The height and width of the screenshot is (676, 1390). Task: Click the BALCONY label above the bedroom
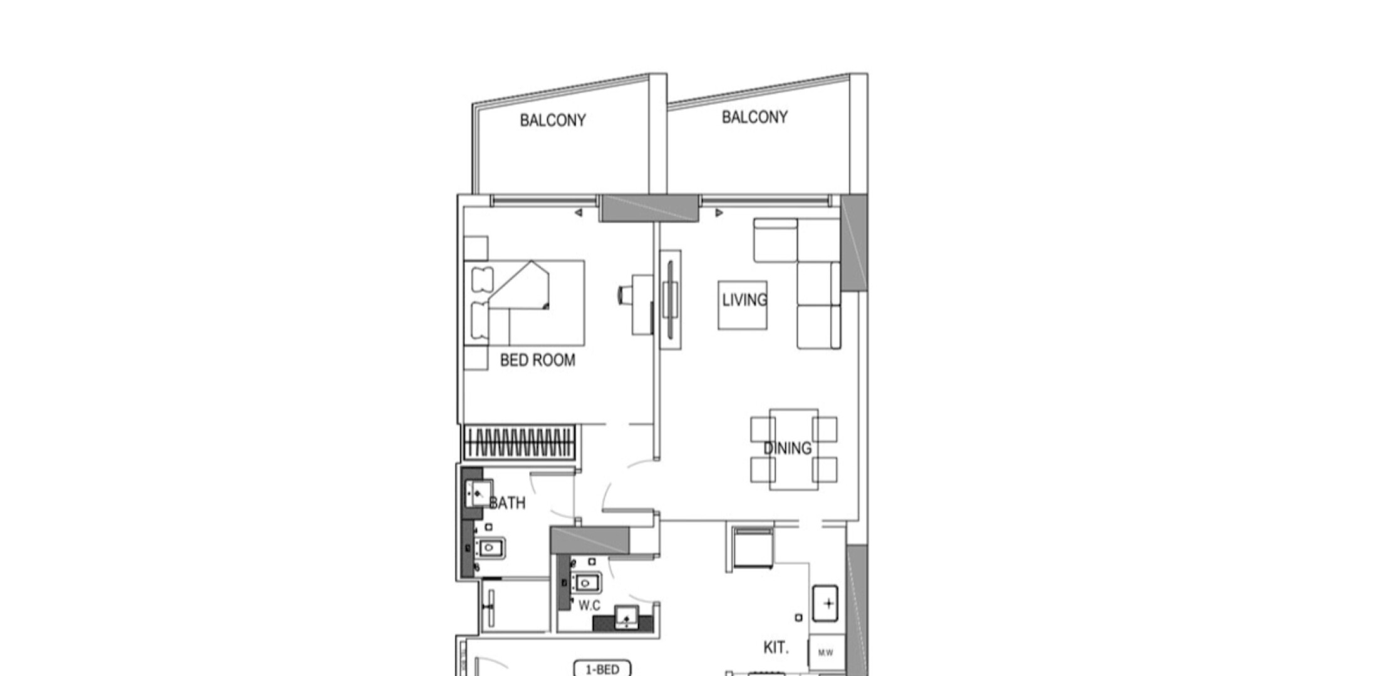(x=553, y=120)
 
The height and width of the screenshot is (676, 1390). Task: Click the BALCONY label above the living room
(x=754, y=117)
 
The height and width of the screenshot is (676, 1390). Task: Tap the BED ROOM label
(x=537, y=360)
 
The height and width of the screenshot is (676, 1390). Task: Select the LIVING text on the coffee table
(x=744, y=300)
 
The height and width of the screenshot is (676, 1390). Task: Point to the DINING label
(x=788, y=448)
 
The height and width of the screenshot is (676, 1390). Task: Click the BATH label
(x=507, y=503)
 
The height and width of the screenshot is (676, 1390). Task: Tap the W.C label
(x=589, y=605)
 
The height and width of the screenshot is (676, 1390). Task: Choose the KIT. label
(x=776, y=647)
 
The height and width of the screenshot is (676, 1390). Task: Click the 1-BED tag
(x=602, y=669)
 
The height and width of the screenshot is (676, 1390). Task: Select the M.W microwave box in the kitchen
(x=826, y=653)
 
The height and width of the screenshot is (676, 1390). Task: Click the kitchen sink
(x=825, y=603)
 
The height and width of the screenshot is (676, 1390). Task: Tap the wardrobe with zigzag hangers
(x=518, y=443)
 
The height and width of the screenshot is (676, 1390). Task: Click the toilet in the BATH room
(x=489, y=549)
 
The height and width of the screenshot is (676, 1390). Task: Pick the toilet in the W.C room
(x=585, y=583)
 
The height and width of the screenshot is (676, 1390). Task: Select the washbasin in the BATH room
(x=478, y=494)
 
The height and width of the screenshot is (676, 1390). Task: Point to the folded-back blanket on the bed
(x=519, y=285)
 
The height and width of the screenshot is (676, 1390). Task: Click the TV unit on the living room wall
(x=671, y=300)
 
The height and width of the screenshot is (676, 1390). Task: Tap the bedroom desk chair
(x=625, y=294)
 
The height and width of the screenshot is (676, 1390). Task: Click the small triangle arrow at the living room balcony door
(x=719, y=213)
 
